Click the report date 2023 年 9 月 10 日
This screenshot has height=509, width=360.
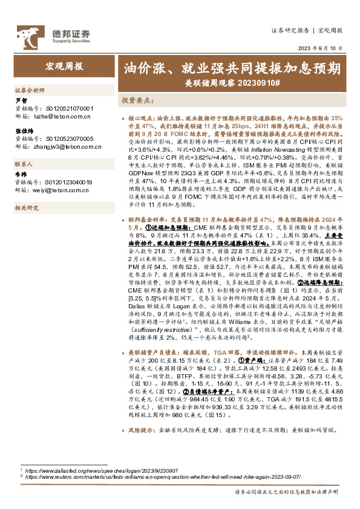point(321,48)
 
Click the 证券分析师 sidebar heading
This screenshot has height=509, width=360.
point(30,89)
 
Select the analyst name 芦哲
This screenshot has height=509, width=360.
point(21,100)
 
